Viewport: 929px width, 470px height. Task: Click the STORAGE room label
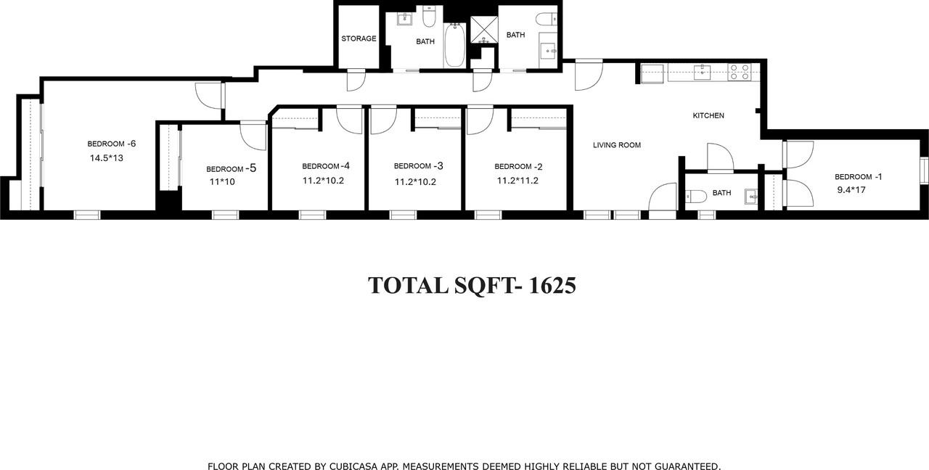click(359, 38)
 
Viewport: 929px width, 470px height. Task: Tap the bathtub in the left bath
click(454, 45)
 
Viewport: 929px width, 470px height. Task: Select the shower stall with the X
click(483, 29)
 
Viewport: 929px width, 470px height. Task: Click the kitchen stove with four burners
click(740, 71)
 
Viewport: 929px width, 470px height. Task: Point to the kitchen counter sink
click(702, 71)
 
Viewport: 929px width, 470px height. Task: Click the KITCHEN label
click(708, 116)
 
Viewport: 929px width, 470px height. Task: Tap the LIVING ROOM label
click(617, 145)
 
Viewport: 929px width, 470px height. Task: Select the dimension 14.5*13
click(107, 157)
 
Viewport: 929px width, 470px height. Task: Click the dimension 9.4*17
click(851, 190)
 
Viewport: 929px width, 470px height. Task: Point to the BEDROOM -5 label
click(231, 168)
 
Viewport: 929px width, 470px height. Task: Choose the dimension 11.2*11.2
click(517, 181)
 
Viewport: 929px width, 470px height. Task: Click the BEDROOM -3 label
click(419, 166)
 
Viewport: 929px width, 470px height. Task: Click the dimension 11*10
click(222, 182)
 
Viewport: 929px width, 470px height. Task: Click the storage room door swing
click(356, 80)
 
